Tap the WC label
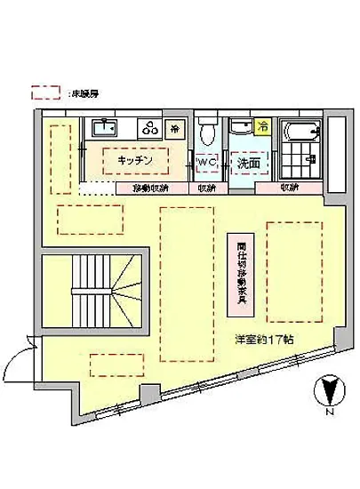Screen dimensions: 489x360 (x=207, y=163)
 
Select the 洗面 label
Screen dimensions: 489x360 (x=247, y=164)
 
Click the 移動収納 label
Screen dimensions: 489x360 (x=150, y=188)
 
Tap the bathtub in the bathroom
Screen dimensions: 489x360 (x=300, y=141)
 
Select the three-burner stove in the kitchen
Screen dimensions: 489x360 (x=150, y=127)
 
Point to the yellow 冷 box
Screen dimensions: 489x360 (x=262, y=126)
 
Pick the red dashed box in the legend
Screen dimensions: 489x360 (x=45, y=92)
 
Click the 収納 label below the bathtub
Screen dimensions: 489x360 (x=290, y=188)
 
